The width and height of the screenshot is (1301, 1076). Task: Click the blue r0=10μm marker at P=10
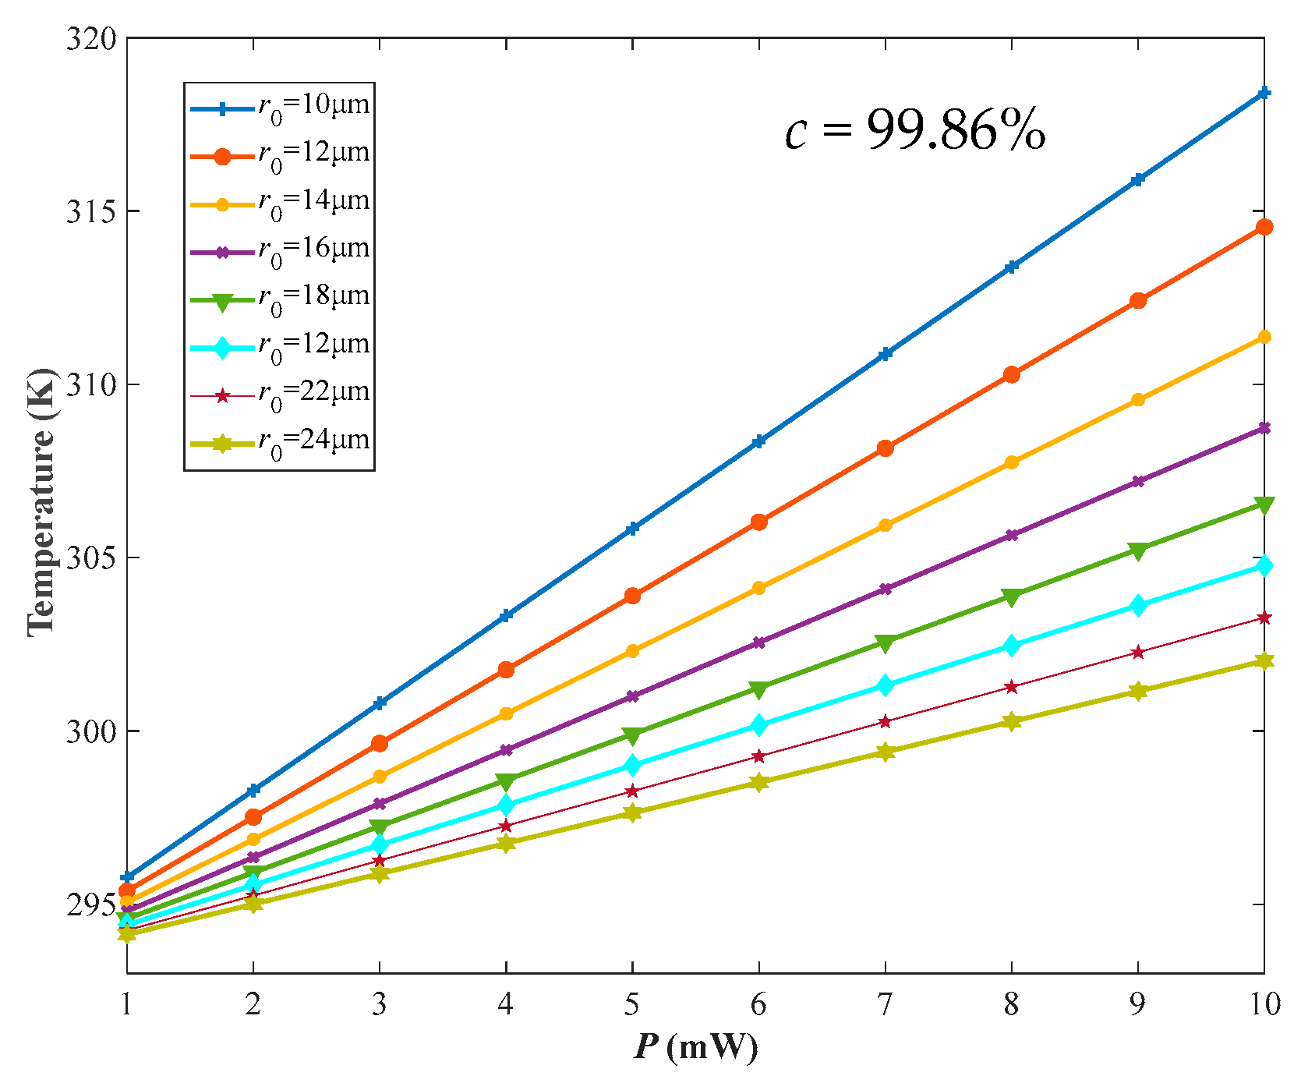[x=1264, y=93]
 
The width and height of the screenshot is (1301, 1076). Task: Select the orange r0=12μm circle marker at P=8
[x=1011, y=374]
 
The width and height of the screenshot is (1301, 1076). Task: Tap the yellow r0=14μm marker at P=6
[x=758, y=588]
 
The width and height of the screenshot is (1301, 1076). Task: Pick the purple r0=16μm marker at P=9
[x=1137, y=481]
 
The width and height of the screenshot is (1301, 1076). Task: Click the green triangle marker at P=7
[x=885, y=642]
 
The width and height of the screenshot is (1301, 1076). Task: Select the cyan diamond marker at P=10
[x=1264, y=565]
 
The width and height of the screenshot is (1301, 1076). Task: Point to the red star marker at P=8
[x=1011, y=687]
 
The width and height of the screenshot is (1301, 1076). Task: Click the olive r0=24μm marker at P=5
[x=632, y=812]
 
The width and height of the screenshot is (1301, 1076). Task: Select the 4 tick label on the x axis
[x=506, y=1004]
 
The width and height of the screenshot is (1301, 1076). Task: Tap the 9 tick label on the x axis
[x=1137, y=1004]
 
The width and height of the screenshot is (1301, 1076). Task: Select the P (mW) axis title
[x=695, y=1047]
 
